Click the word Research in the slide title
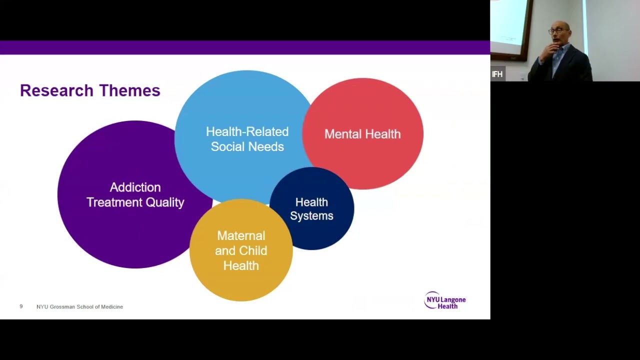57,90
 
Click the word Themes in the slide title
129,90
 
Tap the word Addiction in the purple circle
135,187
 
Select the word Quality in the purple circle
165,202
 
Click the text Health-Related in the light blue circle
247,131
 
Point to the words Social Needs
247,146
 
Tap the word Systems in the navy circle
311,215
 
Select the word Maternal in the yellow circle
241,235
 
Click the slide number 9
21,306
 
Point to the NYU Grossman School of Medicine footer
79,306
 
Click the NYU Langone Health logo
445,300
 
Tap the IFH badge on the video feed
497,74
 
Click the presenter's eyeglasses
558,30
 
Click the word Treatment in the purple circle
114,202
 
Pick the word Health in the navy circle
311,202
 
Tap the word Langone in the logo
453,299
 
